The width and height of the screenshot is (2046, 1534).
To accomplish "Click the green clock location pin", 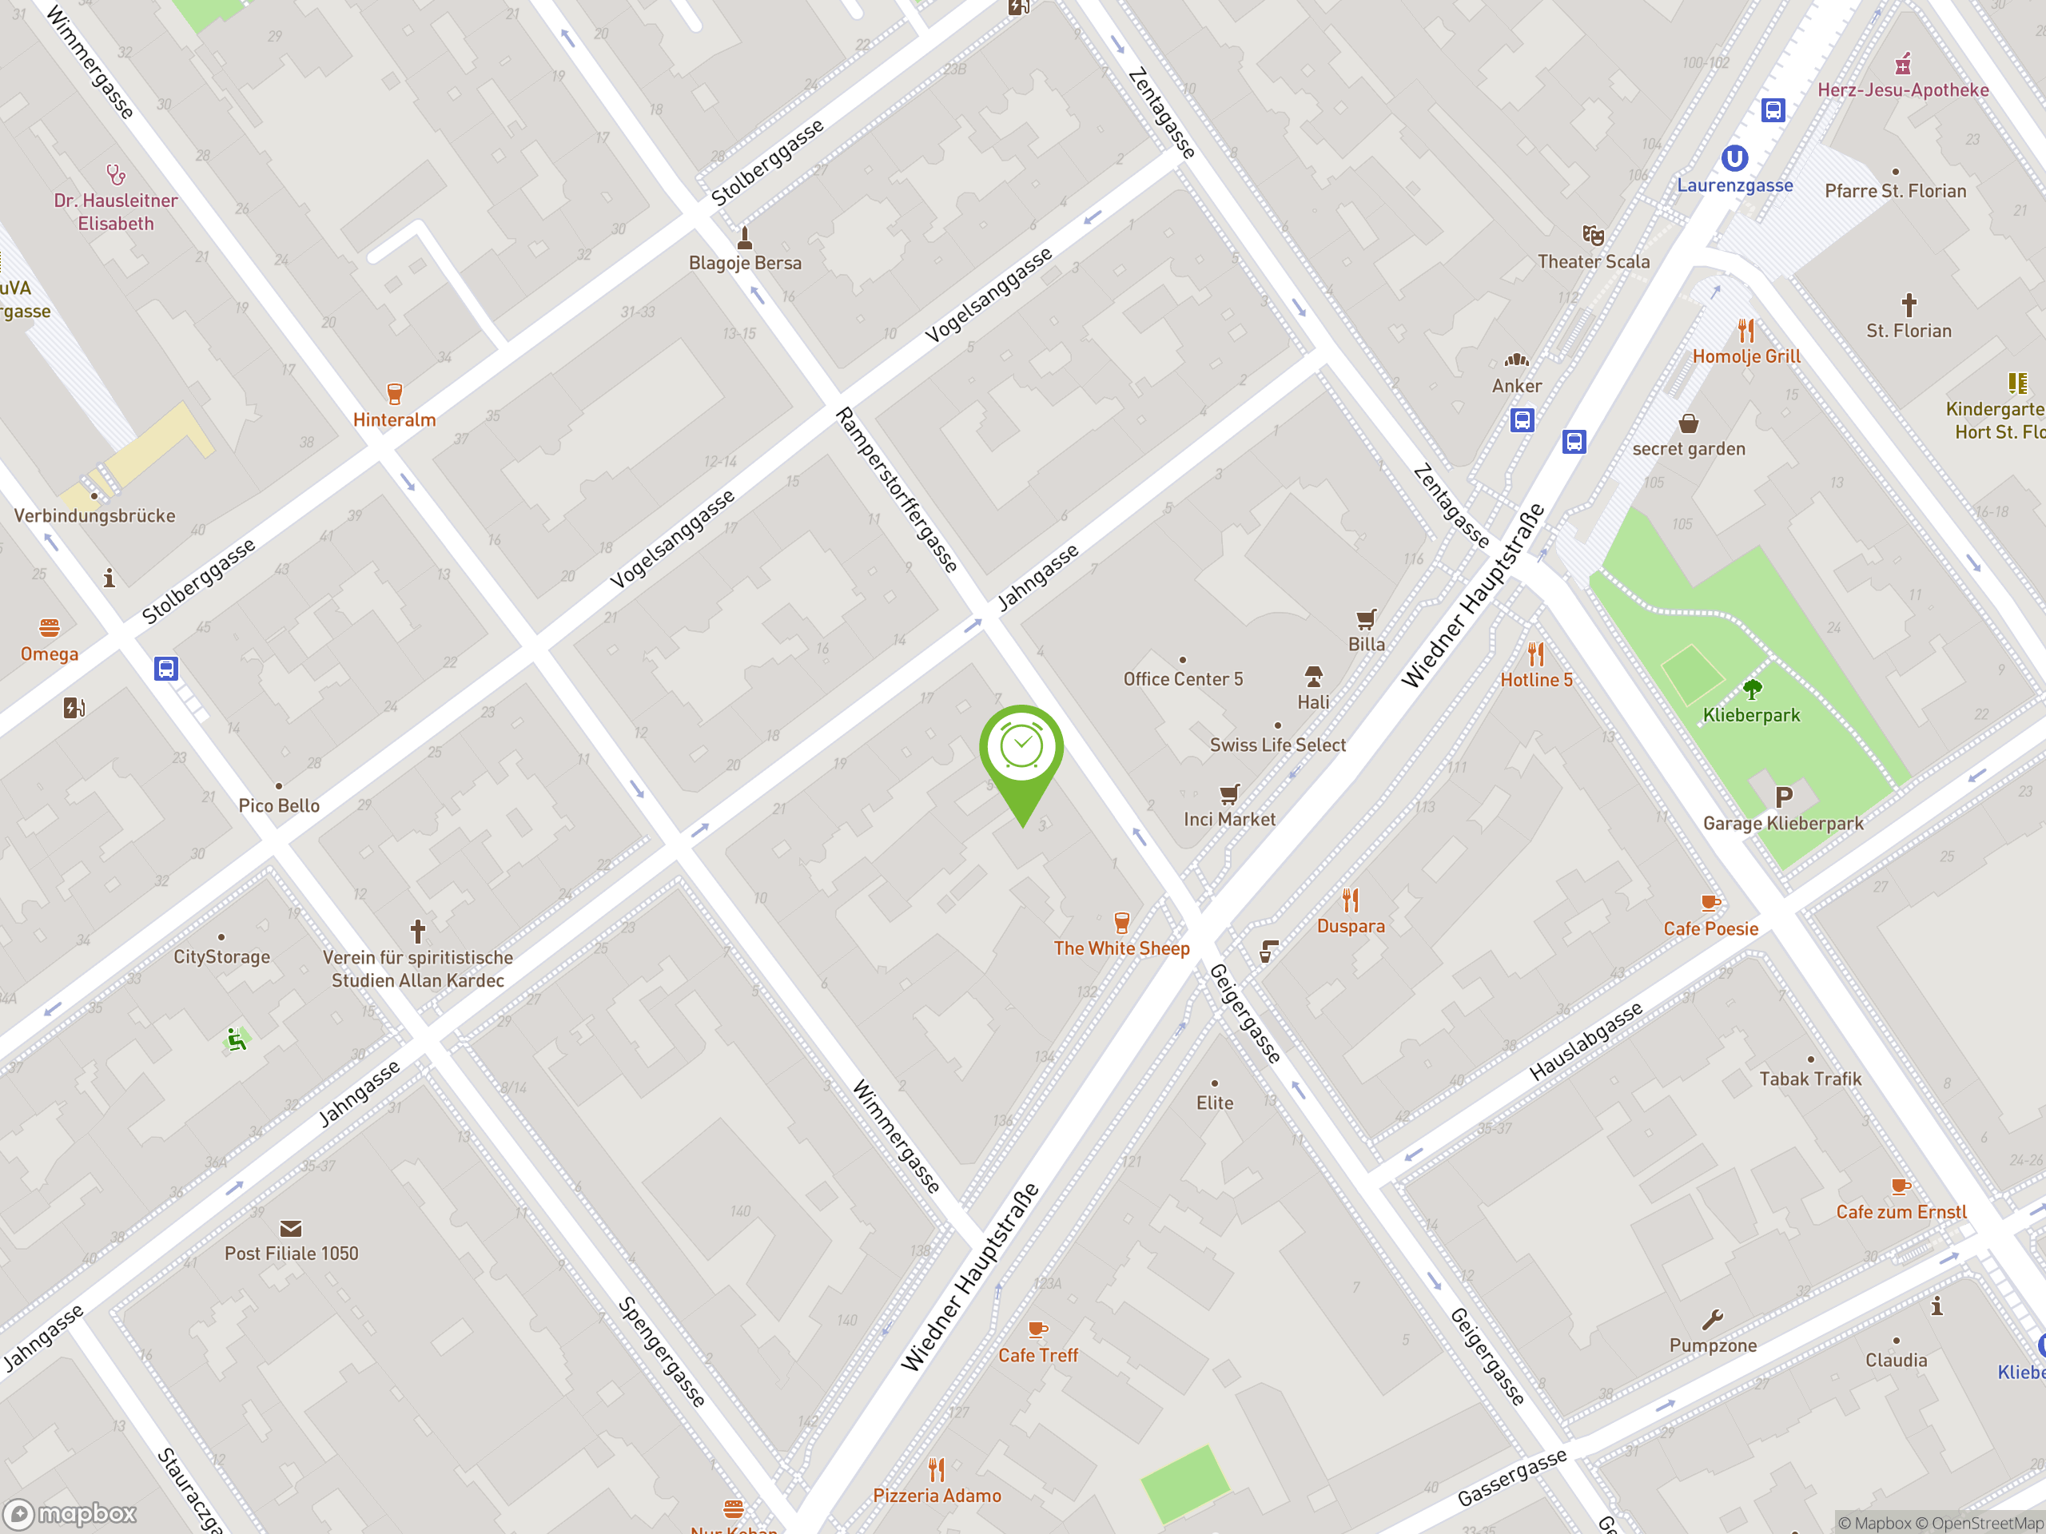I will [1021, 749].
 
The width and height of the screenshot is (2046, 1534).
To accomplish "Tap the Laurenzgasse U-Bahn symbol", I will [1734, 159].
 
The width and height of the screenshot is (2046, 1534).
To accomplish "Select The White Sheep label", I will [1121, 948].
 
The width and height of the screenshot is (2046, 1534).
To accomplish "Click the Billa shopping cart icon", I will [1366, 618].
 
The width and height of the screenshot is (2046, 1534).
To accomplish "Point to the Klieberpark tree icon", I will [1752, 689].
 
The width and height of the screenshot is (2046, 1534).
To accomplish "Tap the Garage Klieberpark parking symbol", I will [1783, 796].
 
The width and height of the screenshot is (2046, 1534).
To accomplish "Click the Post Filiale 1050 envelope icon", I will [290, 1228].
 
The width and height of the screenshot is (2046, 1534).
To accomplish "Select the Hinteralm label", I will [394, 419].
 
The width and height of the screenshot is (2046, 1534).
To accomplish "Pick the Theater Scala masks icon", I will [1593, 235].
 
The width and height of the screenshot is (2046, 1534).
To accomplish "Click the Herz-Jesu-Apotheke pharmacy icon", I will [1903, 64].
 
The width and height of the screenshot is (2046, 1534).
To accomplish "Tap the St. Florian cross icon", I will [1909, 304].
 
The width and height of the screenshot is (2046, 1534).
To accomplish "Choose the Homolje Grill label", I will [1746, 356].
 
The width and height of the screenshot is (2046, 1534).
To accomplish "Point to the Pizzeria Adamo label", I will [937, 1495].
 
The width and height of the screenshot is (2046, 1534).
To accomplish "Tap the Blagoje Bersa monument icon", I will [745, 237].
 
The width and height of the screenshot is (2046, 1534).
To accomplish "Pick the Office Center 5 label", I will [1183, 678].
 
